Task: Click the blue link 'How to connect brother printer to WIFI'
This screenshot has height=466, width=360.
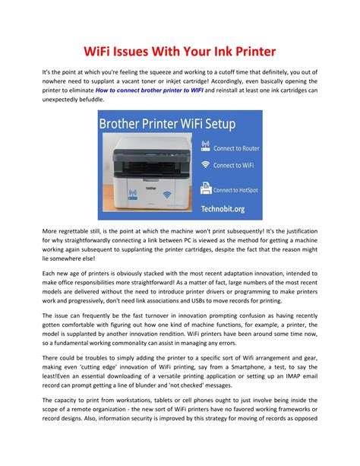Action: pyautogui.click(x=160, y=90)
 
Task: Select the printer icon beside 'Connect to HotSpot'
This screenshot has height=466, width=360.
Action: pyautogui.click(x=205, y=189)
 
